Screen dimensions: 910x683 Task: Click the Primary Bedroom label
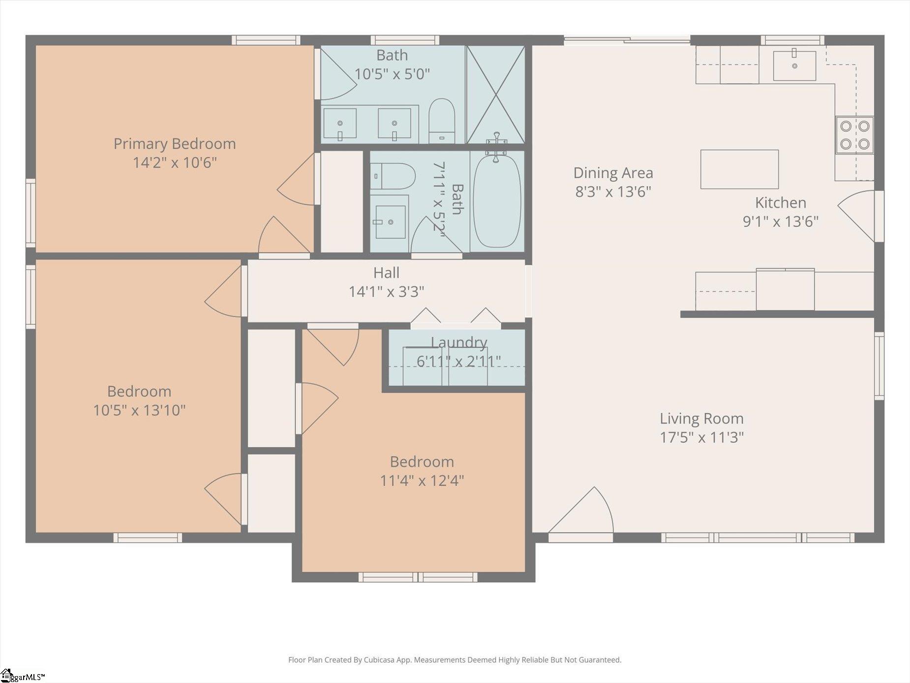[x=175, y=144]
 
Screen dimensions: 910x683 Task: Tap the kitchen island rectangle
[x=739, y=169]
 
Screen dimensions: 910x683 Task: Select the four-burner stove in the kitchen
[x=854, y=135]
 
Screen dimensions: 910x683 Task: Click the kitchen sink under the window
[x=794, y=65]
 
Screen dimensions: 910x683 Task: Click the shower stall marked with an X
[x=495, y=94]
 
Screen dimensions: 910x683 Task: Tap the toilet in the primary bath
[x=442, y=121]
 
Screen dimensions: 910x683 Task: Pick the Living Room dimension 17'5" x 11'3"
[x=701, y=437]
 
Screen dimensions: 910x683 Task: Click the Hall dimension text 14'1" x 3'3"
[x=386, y=292]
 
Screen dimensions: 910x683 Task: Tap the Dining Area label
[x=613, y=173]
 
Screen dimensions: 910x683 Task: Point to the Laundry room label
[x=459, y=342]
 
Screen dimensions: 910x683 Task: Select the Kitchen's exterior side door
[x=857, y=216]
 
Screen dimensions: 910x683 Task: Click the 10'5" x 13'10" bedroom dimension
[x=139, y=410]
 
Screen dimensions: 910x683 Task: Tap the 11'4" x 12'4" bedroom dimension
[x=422, y=480]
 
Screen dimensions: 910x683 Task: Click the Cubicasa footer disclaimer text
[x=455, y=660]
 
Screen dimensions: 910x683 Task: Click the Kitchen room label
[x=780, y=203]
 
